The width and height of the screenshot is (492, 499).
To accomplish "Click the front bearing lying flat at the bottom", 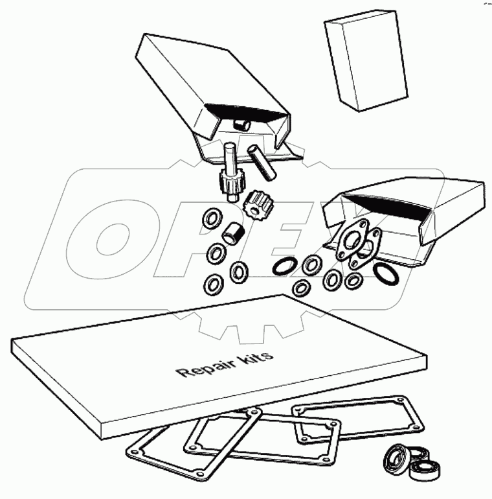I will [428, 470].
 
